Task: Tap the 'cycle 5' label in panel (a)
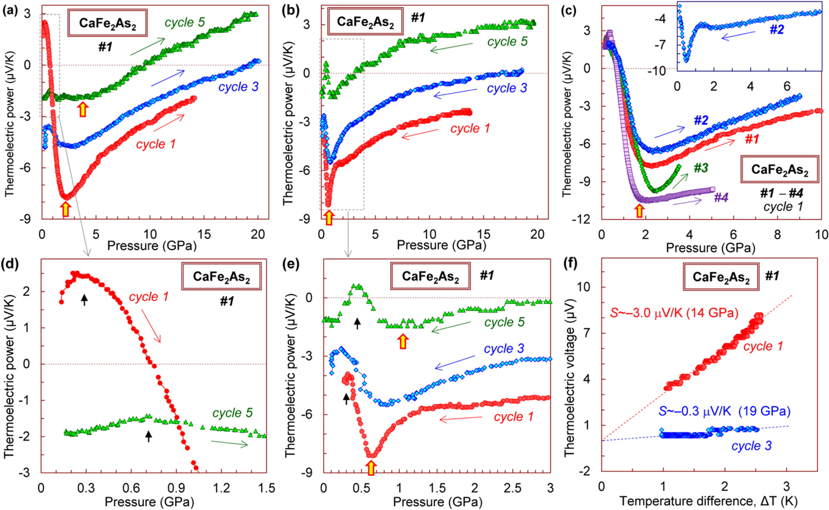pos(185,22)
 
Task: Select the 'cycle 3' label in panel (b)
pos(507,88)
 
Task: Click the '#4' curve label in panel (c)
pos(721,197)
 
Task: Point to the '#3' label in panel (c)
pos(701,168)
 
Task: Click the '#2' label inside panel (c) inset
pos(777,29)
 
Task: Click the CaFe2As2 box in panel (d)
pos(221,276)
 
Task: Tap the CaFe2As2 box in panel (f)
pos(721,277)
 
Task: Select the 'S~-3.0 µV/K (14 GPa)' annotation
pos(674,313)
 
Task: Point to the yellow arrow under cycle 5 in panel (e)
pos(403,341)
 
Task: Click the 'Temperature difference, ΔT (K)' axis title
pos(708,501)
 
